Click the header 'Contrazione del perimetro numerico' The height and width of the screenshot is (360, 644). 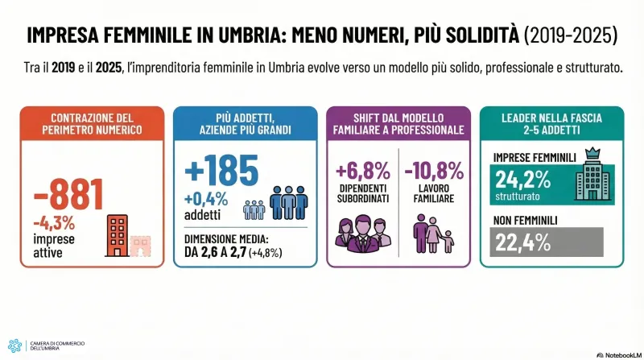[x=89, y=123]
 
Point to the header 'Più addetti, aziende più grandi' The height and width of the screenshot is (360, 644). [x=245, y=123]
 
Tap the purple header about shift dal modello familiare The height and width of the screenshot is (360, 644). [x=399, y=123]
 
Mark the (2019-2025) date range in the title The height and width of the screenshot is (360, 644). [x=570, y=36]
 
